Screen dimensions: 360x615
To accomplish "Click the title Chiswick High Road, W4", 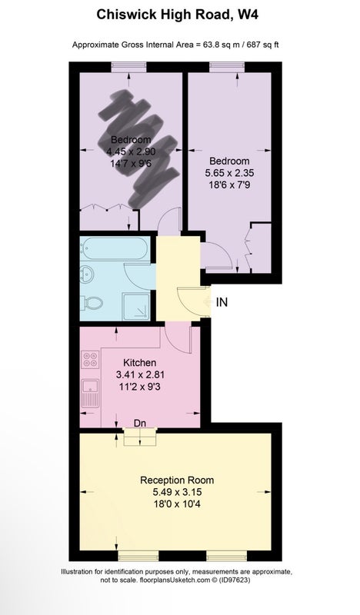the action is (177, 15).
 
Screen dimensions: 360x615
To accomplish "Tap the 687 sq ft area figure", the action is (262, 45).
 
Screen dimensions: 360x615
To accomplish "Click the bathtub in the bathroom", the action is (115, 248).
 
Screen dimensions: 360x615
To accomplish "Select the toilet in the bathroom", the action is (92, 303).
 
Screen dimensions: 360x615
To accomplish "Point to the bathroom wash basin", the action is (86, 273).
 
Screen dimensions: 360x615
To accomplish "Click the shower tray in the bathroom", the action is (136, 305).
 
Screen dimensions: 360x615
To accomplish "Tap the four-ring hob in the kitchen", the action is (90, 360).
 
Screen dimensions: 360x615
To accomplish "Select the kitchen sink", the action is (90, 393).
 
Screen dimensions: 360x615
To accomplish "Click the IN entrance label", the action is (222, 302).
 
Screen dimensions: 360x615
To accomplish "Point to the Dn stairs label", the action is (140, 424).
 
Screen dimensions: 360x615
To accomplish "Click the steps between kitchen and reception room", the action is (140, 437).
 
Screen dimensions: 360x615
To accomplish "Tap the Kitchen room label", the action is (140, 362).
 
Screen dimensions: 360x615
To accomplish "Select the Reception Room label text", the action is (177, 480).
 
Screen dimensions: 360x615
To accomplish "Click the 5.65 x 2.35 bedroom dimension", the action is (229, 172).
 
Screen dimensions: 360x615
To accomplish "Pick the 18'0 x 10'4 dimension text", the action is (177, 504).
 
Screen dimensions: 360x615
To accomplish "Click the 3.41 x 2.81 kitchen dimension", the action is (140, 374).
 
